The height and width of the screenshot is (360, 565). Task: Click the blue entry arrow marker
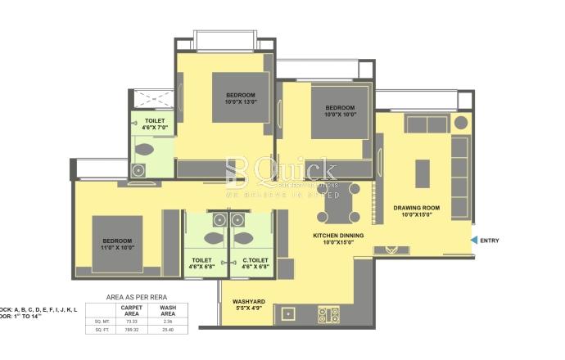tap(474, 240)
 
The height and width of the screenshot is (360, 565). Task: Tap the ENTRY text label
tap(490, 241)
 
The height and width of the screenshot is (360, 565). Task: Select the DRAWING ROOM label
tap(416, 211)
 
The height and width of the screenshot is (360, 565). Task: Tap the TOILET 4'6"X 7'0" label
tap(154, 124)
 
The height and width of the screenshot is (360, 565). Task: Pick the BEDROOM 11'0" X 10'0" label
tap(117, 243)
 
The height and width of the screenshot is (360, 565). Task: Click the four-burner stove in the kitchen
tap(328, 314)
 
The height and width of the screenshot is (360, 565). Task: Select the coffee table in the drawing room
tap(423, 173)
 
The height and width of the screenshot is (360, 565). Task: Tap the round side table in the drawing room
tap(461, 124)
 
